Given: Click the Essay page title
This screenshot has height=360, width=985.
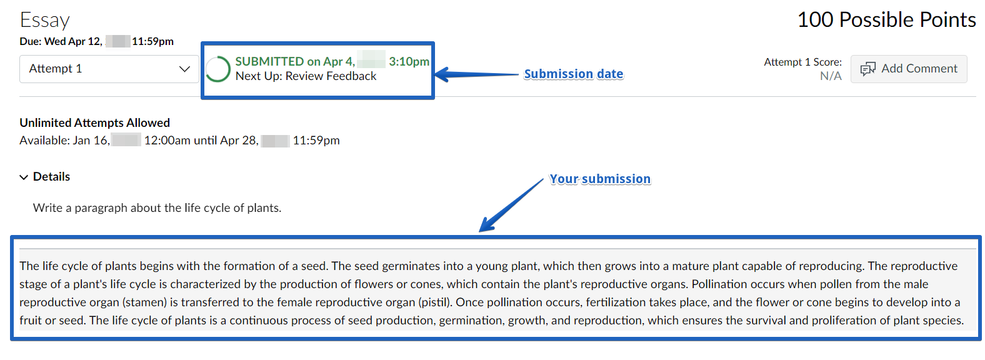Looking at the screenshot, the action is tap(44, 20).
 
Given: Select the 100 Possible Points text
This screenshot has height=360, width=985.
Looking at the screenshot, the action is tap(886, 20).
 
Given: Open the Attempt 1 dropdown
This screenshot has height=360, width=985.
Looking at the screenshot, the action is tap(109, 69).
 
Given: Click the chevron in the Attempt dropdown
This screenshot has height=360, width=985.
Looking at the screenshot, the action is tap(185, 69).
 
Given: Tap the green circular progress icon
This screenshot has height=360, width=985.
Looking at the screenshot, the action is tap(217, 69).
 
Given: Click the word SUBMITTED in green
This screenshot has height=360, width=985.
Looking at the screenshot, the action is tap(269, 61).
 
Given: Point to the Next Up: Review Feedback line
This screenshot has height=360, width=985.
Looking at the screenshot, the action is tap(306, 76).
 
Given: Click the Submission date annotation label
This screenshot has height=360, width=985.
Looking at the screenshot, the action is tap(573, 74).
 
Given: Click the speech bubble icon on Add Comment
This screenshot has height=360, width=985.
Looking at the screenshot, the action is tap(867, 69).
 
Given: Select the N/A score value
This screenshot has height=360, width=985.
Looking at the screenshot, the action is tap(831, 76).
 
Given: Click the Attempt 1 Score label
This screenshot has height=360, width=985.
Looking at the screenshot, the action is tap(803, 62).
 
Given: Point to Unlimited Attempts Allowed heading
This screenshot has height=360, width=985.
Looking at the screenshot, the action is tap(94, 122).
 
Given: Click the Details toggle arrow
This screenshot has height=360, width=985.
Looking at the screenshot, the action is tap(24, 177).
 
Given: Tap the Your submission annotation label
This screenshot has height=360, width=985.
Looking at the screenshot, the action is tap(600, 179).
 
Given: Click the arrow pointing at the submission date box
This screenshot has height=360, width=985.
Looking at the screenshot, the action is tap(477, 74).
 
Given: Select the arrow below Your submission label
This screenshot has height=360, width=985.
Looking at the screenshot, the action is tap(511, 205).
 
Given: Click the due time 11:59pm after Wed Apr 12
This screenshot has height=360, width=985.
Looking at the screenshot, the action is tap(152, 41).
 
